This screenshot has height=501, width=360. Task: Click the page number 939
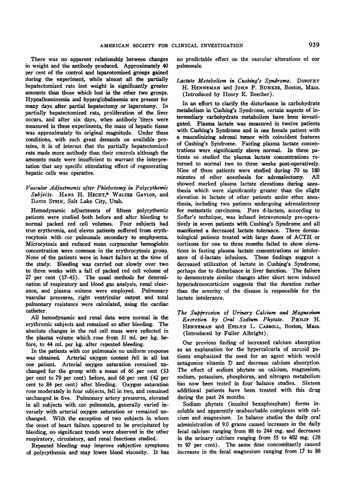click(314, 45)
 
